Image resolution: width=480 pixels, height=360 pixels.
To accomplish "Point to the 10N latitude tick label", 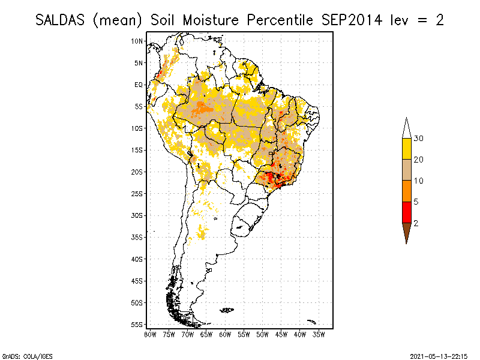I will tap(137, 41).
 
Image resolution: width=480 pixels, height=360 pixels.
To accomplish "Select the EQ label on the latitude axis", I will tap(139, 85).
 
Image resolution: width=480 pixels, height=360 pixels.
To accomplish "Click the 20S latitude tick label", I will tap(137, 172).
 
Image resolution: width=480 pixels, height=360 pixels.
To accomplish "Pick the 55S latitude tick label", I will tap(137, 324).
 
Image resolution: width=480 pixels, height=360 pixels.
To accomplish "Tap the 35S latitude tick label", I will tap(137, 237).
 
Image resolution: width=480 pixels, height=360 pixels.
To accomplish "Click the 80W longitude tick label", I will tap(150, 334).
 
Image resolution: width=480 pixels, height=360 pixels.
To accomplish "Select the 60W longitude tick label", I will tap(225, 334).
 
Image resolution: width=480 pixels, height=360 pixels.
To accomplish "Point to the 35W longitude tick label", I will tap(319, 334).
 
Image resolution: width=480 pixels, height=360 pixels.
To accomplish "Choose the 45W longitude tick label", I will tap(281, 334).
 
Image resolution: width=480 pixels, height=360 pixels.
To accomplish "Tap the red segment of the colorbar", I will tap(406, 212).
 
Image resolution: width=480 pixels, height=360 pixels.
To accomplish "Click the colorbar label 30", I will tap(419, 139).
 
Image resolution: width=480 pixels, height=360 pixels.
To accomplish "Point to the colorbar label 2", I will tap(416, 223).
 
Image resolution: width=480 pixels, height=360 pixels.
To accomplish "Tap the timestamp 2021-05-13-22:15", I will tap(439, 356).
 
